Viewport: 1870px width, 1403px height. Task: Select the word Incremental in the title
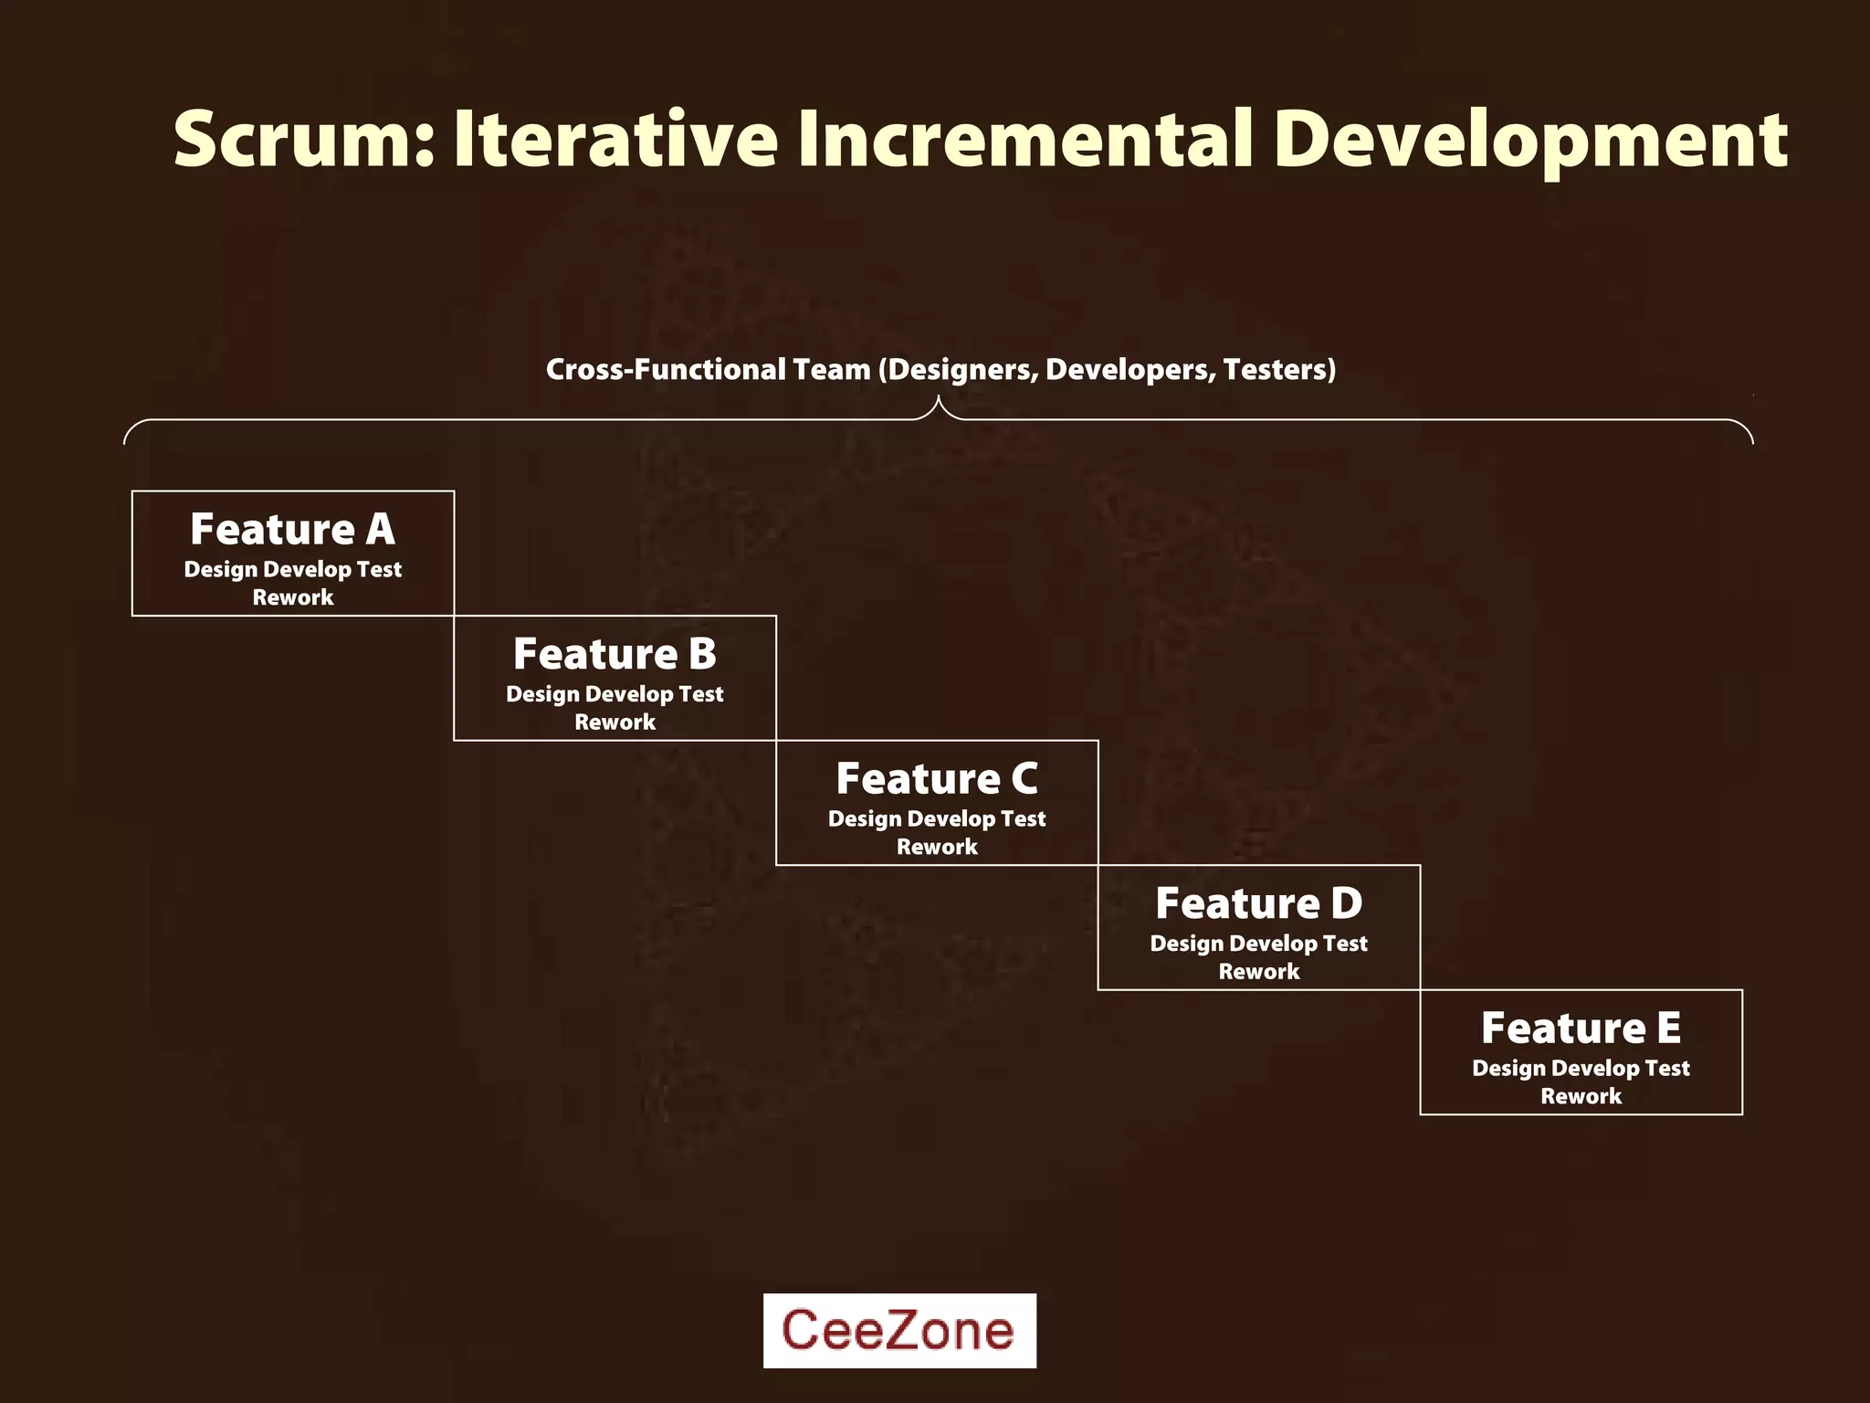[x=1025, y=139]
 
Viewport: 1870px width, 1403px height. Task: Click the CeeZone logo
[x=899, y=1330]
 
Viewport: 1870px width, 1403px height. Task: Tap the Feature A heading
[x=292, y=529]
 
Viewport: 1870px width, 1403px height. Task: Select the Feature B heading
[x=615, y=654]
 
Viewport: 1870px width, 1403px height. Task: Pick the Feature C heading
[x=937, y=779]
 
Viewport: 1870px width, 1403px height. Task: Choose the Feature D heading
[x=1258, y=903]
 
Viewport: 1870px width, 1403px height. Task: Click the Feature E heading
[x=1581, y=1029]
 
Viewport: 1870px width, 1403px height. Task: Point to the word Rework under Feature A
[x=293, y=597]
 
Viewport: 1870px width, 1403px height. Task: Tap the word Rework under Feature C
[x=937, y=847]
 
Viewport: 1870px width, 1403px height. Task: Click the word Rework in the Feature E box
[x=1581, y=1096]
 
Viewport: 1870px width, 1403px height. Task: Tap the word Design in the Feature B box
[x=542, y=695]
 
